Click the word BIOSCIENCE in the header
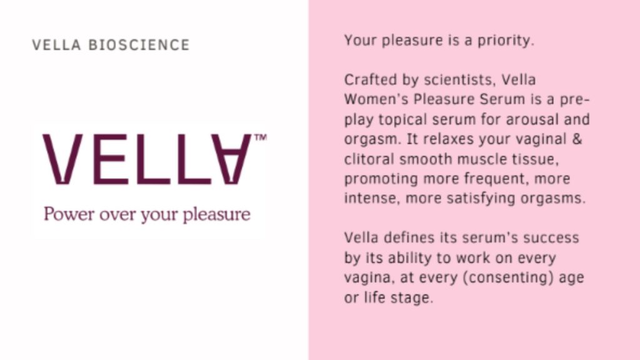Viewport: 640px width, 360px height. pyautogui.click(x=139, y=45)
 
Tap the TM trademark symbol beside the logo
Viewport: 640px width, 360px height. pyautogui.click(x=261, y=137)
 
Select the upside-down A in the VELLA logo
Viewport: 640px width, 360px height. pyautogui.click(x=231, y=159)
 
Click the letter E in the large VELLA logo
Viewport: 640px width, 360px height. pyautogui.click(x=111, y=159)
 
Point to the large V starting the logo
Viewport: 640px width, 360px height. pyautogui.click(x=62, y=159)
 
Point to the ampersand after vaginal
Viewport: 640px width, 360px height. pyautogui.click(x=577, y=139)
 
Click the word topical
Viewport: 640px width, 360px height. pyautogui.click(x=402, y=120)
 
